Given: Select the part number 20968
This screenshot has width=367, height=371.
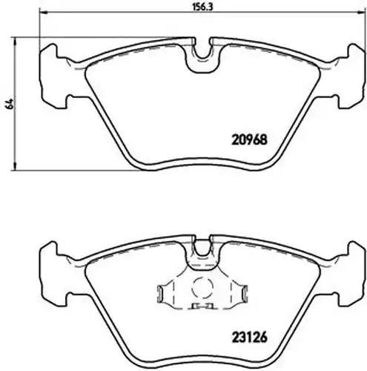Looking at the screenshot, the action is pyautogui.click(x=249, y=140).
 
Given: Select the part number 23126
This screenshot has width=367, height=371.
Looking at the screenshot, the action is pyautogui.click(x=249, y=337).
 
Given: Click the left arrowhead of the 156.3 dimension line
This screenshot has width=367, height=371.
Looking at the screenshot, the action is pyautogui.click(x=42, y=11).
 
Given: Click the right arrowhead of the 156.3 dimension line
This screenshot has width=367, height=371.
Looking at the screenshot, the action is pyautogui.click(x=362, y=11).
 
